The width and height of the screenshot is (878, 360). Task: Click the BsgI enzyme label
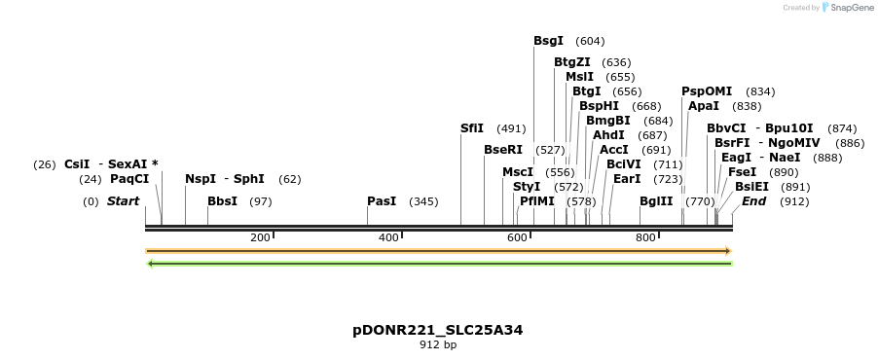[x=548, y=41]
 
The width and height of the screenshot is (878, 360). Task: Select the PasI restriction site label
[x=382, y=201]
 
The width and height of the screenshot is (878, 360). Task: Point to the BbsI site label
[x=222, y=201]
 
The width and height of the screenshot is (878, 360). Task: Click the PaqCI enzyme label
[x=129, y=179]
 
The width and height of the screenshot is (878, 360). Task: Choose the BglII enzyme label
[x=656, y=201]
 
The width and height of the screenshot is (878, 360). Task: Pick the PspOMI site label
[x=707, y=91]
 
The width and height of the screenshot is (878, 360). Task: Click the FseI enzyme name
[x=743, y=172]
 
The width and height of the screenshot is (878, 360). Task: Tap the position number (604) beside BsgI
[x=590, y=41]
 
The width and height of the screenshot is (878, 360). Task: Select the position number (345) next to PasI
[x=423, y=201]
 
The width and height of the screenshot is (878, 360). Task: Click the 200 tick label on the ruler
[x=260, y=237]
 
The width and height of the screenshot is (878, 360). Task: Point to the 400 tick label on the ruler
[x=388, y=237]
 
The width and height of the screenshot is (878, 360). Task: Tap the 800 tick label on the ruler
[x=645, y=237]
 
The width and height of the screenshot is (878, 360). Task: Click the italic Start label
[x=124, y=201]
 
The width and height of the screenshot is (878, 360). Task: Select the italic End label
[x=754, y=201]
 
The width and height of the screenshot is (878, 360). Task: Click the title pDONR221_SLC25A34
[x=438, y=330]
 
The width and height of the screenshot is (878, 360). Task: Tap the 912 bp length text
[x=438, y=344]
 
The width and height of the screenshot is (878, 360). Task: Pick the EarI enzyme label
[x=627, y=179]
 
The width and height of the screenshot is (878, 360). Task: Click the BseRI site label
[x=503, y=150]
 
